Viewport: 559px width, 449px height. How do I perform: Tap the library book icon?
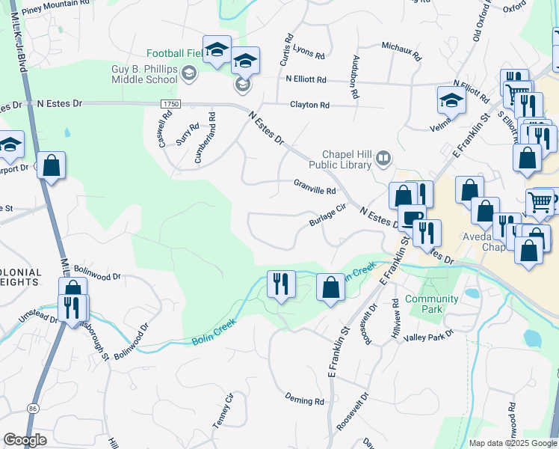[x=383, y=157]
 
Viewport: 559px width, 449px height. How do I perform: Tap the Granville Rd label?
[x=314, y=190]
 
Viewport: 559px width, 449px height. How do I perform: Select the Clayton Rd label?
[x=309, y=106]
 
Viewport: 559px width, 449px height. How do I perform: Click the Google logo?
[x=25, y=441]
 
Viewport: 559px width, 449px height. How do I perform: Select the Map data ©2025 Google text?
[x=512, y=443]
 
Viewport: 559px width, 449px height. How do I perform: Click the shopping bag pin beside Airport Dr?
[x=50, y=165]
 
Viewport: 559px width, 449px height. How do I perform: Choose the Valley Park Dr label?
[x=428, y=336]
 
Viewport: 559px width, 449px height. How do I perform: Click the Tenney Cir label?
[x=223, y=411]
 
